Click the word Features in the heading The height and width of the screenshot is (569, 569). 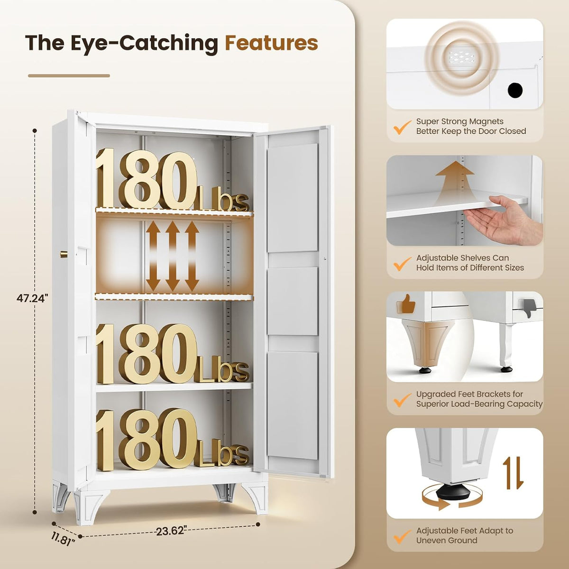271,43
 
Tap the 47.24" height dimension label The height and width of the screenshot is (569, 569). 32,298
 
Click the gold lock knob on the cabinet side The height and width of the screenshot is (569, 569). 64,254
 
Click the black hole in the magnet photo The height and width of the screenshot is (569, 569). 515,90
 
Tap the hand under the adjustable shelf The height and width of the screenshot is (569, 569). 505,219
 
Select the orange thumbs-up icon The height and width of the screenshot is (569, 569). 406,304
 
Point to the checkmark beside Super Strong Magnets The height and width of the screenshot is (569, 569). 402,127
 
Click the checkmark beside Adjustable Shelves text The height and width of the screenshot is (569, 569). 402,263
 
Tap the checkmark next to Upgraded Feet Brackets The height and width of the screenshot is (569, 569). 402,400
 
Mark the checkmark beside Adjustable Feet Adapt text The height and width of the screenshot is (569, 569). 402,536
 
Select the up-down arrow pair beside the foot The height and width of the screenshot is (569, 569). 513,473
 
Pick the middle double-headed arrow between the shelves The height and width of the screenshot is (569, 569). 173,256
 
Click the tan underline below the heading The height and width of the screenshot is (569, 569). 69,75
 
